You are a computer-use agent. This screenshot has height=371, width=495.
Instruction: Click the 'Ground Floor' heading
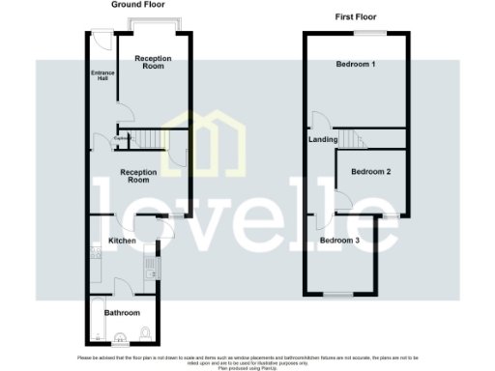(136, 6)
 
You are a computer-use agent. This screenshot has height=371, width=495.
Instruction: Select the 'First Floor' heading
(355, 18)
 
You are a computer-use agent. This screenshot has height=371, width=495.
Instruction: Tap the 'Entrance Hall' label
(101, 76)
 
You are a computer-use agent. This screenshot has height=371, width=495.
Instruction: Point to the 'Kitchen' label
(121, 240)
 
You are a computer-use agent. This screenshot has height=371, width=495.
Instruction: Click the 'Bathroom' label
(123, 313)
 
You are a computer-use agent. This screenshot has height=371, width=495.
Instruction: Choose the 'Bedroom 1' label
(355, 65)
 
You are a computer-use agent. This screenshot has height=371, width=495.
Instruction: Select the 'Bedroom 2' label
(370, 172)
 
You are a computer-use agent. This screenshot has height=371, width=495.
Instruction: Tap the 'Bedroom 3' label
(339, 240)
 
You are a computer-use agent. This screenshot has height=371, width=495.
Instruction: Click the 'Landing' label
(323, 140)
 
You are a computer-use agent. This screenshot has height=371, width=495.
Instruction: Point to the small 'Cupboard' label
(123, 139)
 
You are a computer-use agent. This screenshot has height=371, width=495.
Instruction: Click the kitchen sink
(150, 259)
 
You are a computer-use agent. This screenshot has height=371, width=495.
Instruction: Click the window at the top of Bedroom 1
(367, 33)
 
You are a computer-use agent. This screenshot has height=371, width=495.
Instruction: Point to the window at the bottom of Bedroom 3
(338, 293)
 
